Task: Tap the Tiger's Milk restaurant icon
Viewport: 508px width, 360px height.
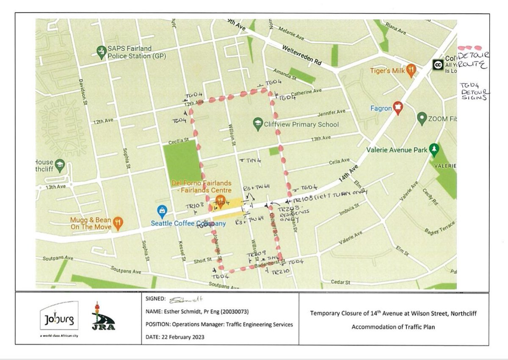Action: (410, 71)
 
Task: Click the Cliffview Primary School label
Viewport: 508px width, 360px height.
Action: (301, 124)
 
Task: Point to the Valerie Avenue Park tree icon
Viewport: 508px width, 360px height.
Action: (433, 149)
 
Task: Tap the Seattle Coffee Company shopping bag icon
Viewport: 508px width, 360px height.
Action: (162, 210)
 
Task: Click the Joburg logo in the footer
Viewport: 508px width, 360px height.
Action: (59, 320)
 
